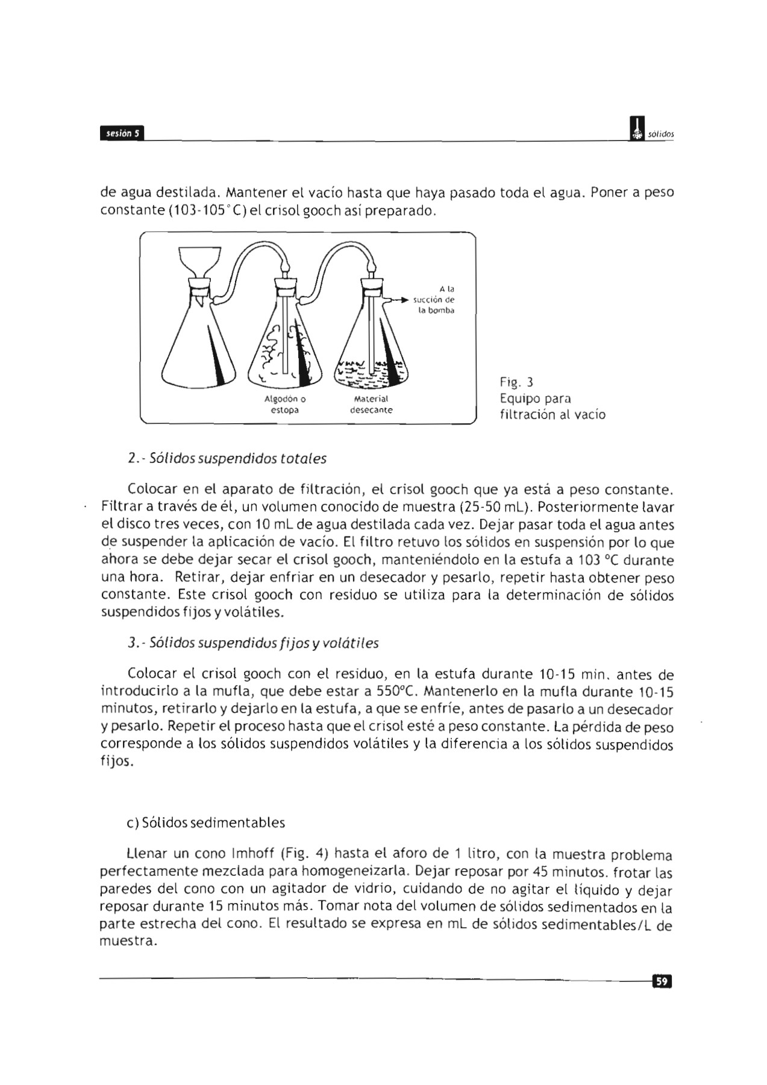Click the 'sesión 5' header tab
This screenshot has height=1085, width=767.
click(122, 133)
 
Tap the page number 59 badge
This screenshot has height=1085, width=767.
click(662, 982)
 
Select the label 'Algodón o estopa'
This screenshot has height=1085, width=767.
click(285, 404)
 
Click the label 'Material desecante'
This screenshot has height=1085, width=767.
click(371, 404)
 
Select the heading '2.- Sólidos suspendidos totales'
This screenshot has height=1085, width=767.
click(228, 459)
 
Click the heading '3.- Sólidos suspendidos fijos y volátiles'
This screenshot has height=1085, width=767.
click(254, 643)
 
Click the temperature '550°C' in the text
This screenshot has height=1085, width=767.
click(393, 691)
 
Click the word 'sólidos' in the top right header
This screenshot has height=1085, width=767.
click(661, 134)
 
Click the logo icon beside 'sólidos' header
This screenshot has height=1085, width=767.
click(636, 130)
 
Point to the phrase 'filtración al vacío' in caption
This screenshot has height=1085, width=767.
click(553, 415)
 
